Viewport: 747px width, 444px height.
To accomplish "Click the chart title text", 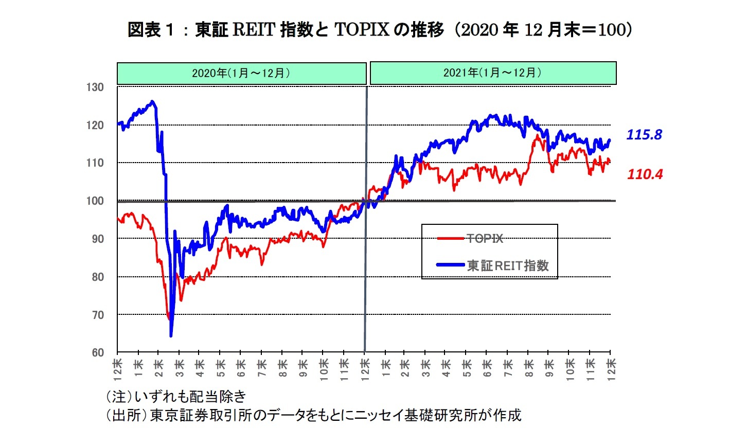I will [x=379, y=30].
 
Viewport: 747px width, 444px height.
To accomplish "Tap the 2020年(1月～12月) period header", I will [x=241, y=73].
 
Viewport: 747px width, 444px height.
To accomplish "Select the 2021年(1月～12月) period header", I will [x=493, y=73].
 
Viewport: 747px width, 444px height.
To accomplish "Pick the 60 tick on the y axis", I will [x=98, y=353].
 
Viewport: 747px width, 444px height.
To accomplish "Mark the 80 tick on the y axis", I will [x=98, y=277].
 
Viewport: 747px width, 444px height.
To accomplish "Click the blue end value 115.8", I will [x=644, y=135].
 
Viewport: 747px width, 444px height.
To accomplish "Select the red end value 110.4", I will [x=645, y=174].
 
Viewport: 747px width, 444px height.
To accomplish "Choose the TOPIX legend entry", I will [x=485, y=238].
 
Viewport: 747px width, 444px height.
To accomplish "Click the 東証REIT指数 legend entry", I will [x=508, y=265].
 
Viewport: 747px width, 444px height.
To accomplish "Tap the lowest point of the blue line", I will [x=171, y=336].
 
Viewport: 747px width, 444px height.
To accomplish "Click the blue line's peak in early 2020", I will [x=152, y=101].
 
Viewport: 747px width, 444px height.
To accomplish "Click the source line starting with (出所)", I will [x=313, y=415].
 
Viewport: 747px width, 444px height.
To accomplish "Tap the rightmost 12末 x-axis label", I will [x=611, y=369].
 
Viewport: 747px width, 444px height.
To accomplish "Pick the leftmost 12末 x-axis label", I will [x=118, y=369].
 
